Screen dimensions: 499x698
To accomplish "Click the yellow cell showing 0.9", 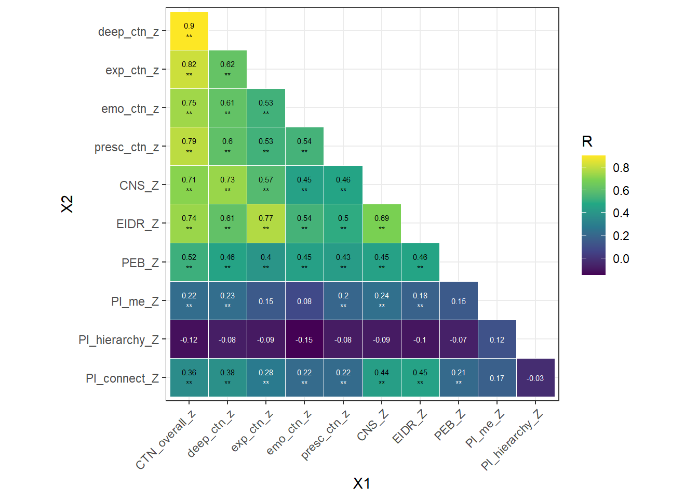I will click(x=189, y=31).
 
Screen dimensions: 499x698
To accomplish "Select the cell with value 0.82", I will click(x=189, y=70).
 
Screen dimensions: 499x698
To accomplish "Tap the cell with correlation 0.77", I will click(x=266, y=224).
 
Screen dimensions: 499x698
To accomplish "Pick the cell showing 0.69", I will click(x=382, y=224).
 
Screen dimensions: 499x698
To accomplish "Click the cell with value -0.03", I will click(x=535, y=378).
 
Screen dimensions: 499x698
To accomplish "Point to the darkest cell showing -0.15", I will click(x=304, y=339).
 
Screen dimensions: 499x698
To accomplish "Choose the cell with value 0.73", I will click(x=227, y=185).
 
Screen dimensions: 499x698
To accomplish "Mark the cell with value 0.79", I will click(x=189, y=147).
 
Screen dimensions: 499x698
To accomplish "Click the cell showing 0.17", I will click(x=497, y=378).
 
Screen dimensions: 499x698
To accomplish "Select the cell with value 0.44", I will click(x=382, y=378).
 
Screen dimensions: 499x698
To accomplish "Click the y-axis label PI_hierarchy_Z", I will click(x=119, y=340).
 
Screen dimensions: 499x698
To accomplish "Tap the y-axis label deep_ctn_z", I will click(x=128, y=32).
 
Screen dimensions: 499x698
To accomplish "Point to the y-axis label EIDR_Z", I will click(x=138, y=224).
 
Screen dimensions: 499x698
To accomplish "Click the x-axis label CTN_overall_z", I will click(x=166, y=440).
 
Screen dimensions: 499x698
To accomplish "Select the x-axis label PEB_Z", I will click(x=449, y=425).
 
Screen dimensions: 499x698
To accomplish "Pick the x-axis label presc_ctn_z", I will click(x=325, y=436).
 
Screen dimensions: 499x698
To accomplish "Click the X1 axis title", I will click(x=361, y=483).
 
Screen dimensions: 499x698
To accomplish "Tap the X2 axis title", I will click(x=67, y=204).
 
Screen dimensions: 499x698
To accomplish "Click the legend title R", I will click(x=587, y=141).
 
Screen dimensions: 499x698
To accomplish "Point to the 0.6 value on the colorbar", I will click(x=621, y=191).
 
